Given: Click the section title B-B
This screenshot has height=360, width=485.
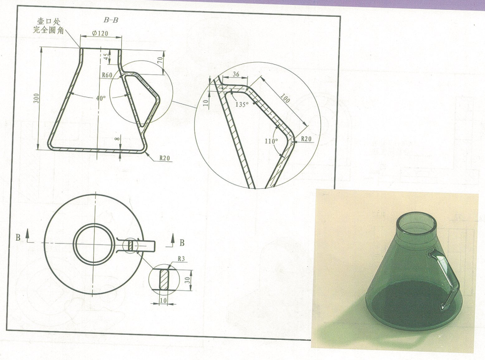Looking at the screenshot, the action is pos(111,20).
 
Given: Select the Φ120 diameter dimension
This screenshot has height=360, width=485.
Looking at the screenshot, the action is pos(100,33).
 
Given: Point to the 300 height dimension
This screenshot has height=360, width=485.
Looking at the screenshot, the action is pos(37,98).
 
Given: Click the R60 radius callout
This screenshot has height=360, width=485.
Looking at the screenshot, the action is pos(107,74).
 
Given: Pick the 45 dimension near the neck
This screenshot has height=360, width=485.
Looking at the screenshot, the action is pos(106,57).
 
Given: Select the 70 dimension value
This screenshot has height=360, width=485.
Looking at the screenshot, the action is pos(160,60).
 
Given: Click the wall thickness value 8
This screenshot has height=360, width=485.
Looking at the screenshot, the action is pos(117,139).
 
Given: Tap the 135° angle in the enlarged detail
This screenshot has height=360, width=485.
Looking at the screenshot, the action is pos(242,105).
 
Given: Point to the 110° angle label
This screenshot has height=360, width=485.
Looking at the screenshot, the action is pos(271,141).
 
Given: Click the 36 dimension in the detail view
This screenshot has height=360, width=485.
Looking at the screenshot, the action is pos(236,74).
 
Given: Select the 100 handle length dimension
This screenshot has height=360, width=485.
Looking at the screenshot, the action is pos(285,98).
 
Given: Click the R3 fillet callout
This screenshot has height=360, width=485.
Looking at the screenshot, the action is pos(181,258).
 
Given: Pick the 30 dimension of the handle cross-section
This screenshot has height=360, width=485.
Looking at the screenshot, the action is pos(187,280).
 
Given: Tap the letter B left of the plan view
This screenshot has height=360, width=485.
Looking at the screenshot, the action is pos(18,237).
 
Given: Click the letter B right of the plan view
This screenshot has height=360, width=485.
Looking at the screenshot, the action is pos(182,243).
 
